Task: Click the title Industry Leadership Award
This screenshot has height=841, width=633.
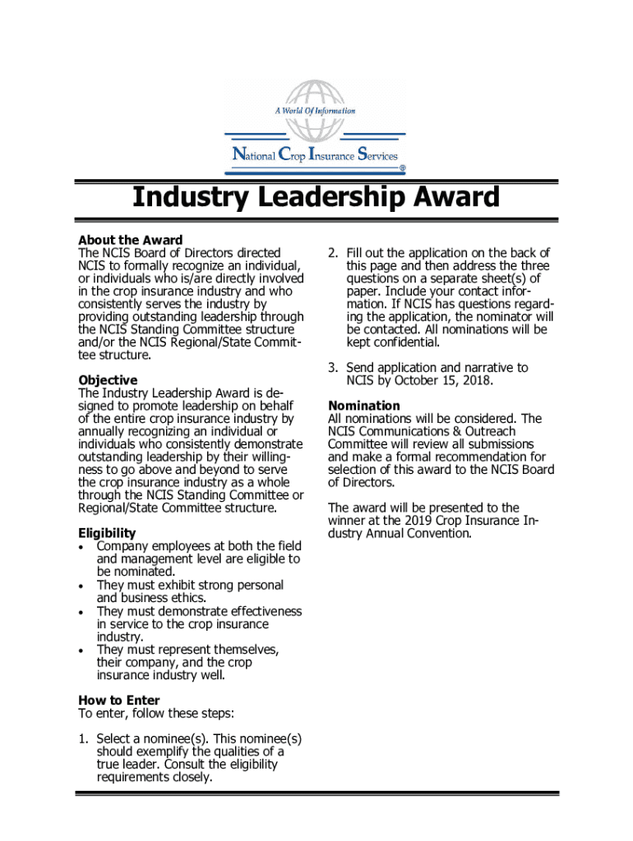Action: pyautogui.click(x=316, y=197)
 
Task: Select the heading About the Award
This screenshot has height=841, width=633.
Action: pyautogui.click(x=130, y=241)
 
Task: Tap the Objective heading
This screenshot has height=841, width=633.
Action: pyautogui.click(x=108, y=380)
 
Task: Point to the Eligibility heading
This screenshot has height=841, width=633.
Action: pyautogui.click(x=107, y=534)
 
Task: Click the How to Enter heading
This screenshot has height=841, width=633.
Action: pyautogui.click(x=119, y=701)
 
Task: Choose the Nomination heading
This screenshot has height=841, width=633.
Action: pyautogui.click(x=364, y=406)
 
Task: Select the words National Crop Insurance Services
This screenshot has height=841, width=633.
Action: pyautogui.click(x=316, y=154)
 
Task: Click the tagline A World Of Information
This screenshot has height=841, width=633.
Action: pyautogui.click(x=316, y=111)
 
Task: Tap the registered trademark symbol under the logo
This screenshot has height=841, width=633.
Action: pyautogui.click(x=402, y=168)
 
